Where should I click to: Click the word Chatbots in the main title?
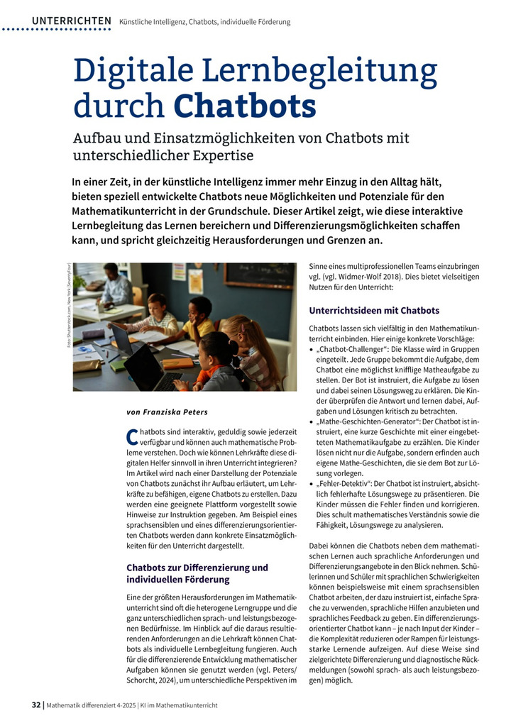click(245, 106)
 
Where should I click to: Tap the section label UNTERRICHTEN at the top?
click(71, 22)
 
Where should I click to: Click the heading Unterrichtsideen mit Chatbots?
click(374, 310)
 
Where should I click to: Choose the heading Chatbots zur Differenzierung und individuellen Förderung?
click(197, 573)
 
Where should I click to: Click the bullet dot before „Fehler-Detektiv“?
click(313, 483)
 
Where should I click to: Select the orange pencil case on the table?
click(177, 363)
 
